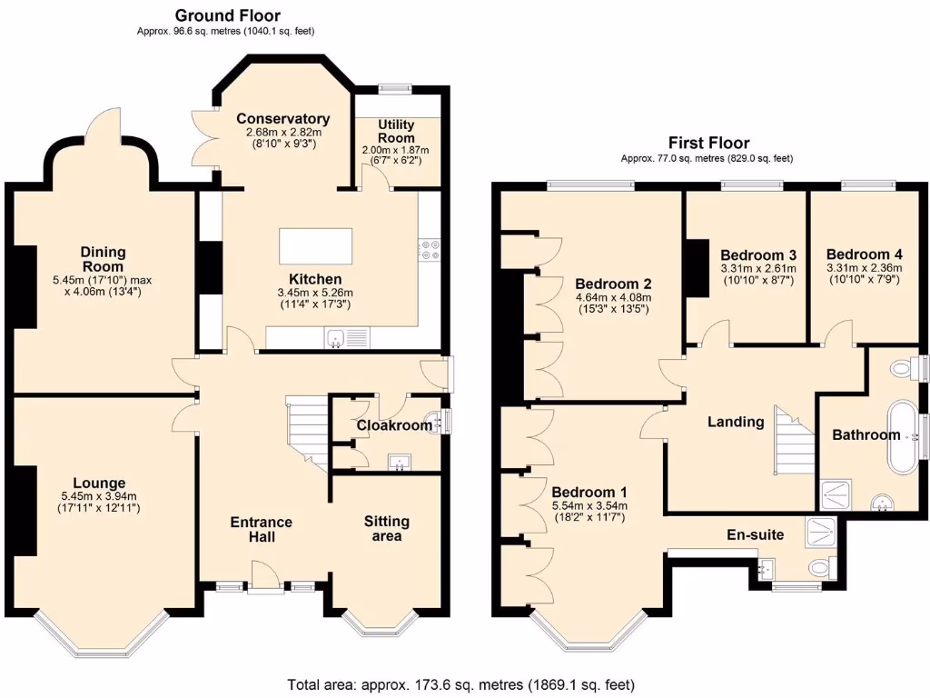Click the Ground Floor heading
(227, 15)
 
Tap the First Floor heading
(708, 143)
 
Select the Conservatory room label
(282, 119)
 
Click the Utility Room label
(396, 131)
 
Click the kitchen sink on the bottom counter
(336, 339)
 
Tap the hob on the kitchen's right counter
(429, 250)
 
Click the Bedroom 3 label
(758, 254)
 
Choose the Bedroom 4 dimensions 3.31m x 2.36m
(864, 268)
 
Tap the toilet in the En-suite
(820, 568)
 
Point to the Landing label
(736, 422)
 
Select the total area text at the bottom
(460, 684)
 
